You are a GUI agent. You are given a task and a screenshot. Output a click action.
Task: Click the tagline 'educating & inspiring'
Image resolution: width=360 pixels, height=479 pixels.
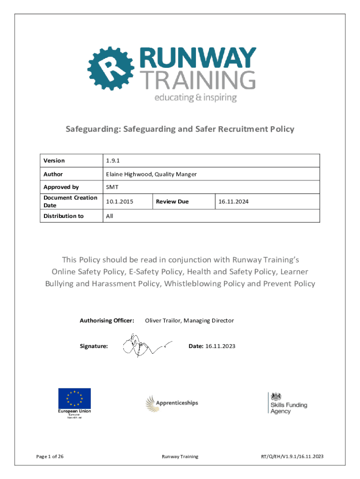tap(195, 98)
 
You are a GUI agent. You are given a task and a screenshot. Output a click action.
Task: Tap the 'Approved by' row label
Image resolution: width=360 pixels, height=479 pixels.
tap(61, 187)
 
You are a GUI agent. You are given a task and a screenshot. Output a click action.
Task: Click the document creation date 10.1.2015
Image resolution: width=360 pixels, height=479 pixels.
tap(120, 202)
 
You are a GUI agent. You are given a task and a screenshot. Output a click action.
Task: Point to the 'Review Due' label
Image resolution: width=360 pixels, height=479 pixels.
tap(172, 202)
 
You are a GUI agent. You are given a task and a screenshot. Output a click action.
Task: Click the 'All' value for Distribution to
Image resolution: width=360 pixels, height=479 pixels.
tap(109, 216)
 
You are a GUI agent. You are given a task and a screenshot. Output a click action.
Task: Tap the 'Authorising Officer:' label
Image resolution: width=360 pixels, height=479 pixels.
tap(107, 320)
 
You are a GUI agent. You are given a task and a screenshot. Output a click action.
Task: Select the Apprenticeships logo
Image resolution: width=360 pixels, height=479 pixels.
tap(172, 403)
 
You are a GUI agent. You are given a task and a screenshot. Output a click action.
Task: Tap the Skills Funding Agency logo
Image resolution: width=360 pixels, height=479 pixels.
tap(287, 403)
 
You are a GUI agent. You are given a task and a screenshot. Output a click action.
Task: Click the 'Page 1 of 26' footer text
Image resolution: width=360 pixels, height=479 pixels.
tap(50, 457)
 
